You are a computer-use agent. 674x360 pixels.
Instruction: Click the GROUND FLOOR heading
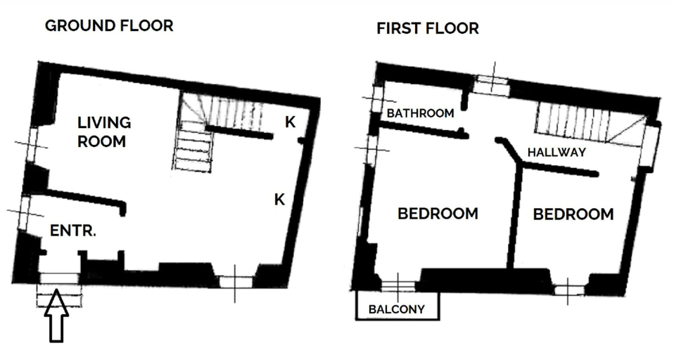coord(109,26)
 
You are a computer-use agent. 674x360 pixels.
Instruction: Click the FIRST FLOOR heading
coord(428,28)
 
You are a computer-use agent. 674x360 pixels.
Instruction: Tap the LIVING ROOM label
coord(104,132)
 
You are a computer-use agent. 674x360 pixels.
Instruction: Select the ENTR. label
coord(73,231)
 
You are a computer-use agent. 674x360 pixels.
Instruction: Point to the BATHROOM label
coord(421,113)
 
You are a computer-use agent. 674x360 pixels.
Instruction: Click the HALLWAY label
coord(557,152)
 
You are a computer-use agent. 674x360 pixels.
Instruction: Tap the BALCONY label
coord(397,309)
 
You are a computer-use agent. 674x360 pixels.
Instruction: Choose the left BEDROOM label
coord(438,214)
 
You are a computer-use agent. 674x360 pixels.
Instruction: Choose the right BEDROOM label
coord(573,214)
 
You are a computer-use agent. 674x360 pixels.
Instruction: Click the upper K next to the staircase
coord(291,122)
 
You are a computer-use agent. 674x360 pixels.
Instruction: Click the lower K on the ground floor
coord(280,199)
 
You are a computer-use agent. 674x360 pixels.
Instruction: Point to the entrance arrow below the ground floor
coord(57,316)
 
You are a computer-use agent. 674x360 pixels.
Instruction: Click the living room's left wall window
coord(32,144)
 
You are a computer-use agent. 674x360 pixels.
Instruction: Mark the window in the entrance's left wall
coord(24,212)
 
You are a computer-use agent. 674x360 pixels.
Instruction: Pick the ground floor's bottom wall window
coord(236,282)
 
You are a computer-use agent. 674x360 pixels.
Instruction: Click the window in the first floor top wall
coord(491,84)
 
